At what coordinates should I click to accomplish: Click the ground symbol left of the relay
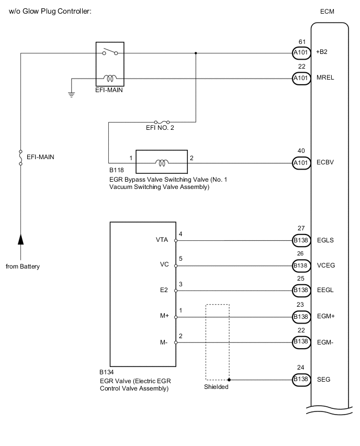tap(72, 95)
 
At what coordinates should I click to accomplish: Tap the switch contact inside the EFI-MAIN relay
tap(110, 52)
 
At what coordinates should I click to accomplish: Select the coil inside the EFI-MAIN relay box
tap(110, 79)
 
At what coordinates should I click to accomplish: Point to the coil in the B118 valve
tap(162, 163)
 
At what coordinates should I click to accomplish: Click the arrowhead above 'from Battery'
tap(20, 240)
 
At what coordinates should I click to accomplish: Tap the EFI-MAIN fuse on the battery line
tap(20, 157)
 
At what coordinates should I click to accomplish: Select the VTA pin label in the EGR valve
tap(162, 241)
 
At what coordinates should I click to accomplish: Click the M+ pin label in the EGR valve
tap(163, 316)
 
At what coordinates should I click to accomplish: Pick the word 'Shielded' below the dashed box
tap(217, 388)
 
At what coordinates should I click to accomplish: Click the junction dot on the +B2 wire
tap(196, 53)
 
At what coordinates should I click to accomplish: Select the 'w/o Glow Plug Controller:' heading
tap(50, 12)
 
